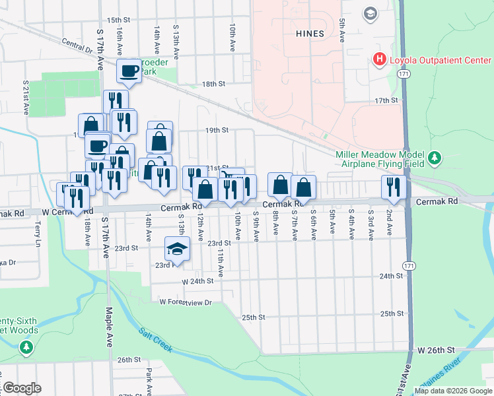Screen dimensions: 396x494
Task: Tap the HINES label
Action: [x=310, y=34]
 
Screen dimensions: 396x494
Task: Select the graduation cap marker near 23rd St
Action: [x=177, y=249]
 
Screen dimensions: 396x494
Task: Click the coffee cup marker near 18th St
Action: [x=129, y=71]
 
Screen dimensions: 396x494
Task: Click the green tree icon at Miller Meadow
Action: [x=434, y=158]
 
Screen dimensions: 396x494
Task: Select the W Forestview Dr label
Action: [x=185, y=302]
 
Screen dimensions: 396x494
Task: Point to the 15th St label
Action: [x=119, y=20]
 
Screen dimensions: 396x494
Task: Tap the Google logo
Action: [x=21, y=388]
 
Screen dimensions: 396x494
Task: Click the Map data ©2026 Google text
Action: [x=453, y=390]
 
